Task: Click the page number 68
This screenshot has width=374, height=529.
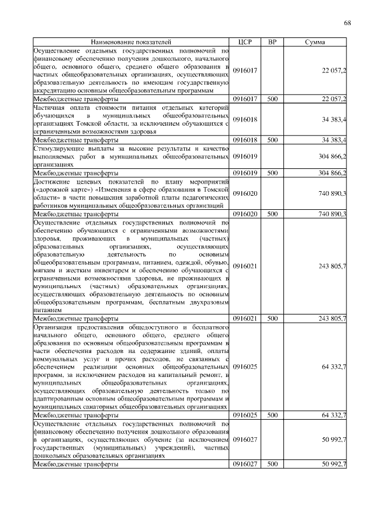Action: coord(347,23)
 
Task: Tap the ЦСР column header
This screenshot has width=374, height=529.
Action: coord(245,43)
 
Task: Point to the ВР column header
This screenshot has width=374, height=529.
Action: coord(272,43)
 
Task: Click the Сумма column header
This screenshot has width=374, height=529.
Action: coord(316,43)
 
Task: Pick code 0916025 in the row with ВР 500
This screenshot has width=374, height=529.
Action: coord(245,414)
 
